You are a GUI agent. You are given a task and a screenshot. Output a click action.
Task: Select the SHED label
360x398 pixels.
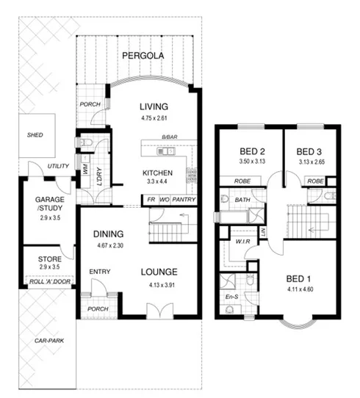coord(34,134)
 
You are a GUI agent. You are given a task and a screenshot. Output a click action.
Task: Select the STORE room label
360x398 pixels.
coord(47,258)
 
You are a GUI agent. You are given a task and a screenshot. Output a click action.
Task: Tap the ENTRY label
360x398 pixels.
coord(99,272)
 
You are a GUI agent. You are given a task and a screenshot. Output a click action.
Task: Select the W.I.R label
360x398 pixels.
coord(240,241)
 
